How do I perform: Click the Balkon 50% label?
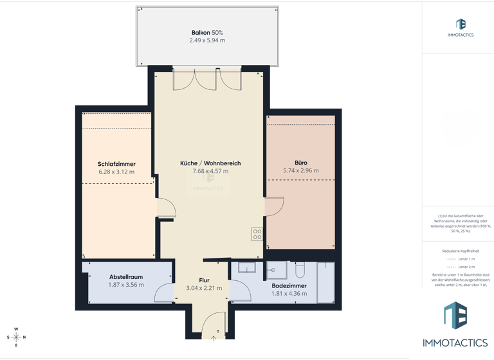point(207,33)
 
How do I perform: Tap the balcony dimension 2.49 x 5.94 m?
point(207,40)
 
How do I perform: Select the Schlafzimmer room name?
point(116,164)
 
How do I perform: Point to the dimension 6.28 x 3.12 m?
point(116,172)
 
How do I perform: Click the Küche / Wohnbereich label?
point(210,163)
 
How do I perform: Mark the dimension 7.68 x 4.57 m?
point(210,171)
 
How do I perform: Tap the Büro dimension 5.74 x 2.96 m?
point(300,171)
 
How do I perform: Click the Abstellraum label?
point(125,277)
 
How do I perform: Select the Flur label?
point(204,280)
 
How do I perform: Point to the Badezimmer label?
point(289,285)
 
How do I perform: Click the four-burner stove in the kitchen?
point(257,234)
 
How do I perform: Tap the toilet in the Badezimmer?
point(300,269)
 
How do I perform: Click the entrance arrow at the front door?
point(214,337)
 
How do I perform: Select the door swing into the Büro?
point(275,206)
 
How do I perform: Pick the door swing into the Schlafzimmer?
point(166,208)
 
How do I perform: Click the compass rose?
point(16,337)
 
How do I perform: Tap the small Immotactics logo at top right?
point(460,27)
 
